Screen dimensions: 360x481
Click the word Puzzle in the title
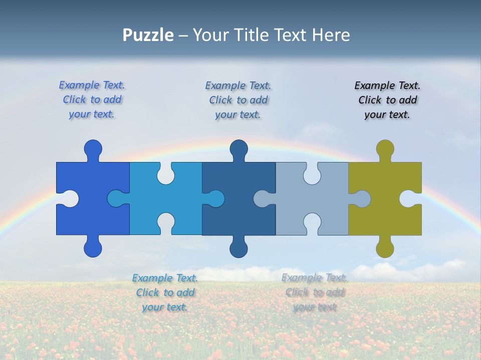pos(148,35)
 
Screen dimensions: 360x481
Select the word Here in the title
pos(330,35)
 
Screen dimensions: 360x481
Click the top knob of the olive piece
pos(385,148)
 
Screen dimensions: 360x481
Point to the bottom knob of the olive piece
pos(385,248)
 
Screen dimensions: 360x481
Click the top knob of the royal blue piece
pos(93,148)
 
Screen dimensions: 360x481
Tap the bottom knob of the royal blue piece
pos(93,248)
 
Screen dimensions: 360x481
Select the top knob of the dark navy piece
pos(238,148)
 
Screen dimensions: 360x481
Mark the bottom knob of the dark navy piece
pos(238,248)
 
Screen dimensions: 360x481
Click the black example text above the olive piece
pos(387,100)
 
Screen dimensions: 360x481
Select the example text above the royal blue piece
pos(92,100)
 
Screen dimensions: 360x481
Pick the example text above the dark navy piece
pos(238,100)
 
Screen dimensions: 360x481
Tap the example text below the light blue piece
pos(165,292)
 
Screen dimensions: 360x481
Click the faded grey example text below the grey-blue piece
pos(314,292)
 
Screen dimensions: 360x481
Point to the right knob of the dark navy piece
pos(216,198)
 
